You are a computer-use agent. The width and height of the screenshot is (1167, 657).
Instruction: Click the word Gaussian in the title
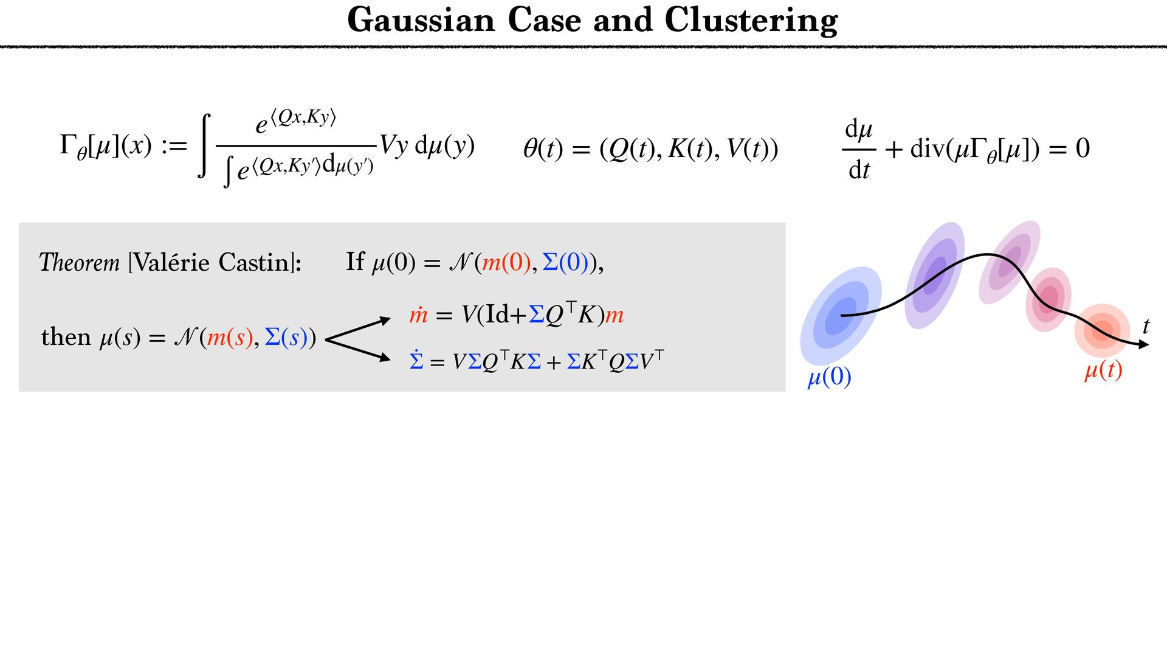[x=421, y=21]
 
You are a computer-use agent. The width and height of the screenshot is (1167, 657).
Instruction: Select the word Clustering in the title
[x=751, y=21]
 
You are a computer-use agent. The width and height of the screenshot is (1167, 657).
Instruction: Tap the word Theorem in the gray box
[x=80, y=263]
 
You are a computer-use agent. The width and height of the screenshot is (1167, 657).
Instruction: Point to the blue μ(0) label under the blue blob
[x=829, y=377]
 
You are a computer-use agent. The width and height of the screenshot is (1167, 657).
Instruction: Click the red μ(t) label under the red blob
[x=1103, y=370]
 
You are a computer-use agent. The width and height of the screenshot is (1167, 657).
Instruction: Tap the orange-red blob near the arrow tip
[x=1101, y=331]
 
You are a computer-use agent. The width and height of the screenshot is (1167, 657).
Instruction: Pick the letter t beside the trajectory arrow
[x=1146, y=327]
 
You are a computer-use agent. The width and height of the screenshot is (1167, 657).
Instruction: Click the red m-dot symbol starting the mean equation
[x=418, y=315]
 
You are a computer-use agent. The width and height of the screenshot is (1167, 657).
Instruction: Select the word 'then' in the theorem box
[x=65, y=337]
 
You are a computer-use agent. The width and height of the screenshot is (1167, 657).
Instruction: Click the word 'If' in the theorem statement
[x=355, y=262]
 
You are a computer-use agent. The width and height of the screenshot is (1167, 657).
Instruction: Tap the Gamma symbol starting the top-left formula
[x=67, y=146]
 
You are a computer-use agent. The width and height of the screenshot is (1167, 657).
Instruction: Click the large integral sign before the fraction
[x=205, y=146]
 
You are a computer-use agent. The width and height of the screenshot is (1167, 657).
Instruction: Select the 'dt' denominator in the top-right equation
[x=859, y=170]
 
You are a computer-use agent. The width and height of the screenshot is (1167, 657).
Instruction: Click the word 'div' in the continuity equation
[x=929, y=148]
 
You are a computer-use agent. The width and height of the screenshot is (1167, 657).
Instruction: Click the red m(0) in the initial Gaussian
[x=506, y=263]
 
